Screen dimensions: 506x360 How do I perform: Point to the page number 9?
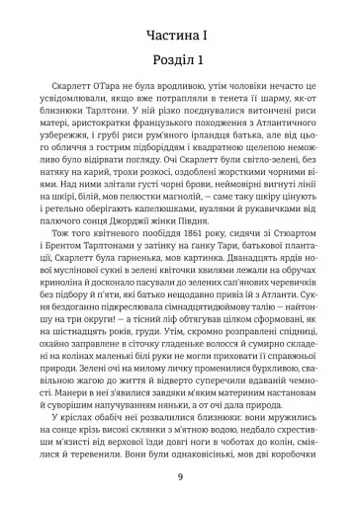point(179,478)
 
